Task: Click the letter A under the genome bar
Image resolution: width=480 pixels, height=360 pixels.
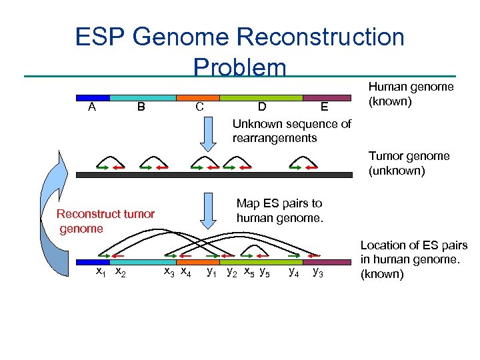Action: click(91, 107)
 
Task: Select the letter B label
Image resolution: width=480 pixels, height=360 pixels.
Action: click(141, 107)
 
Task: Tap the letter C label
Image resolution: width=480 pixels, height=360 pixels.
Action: click(199, 107)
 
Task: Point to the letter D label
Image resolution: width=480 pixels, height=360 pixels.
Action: click(263, 107)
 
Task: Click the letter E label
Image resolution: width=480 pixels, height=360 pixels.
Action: click(324, 107)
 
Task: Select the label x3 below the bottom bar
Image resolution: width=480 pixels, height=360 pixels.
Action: click(169, 272)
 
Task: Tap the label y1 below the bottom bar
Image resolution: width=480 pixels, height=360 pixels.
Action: click(212, 272)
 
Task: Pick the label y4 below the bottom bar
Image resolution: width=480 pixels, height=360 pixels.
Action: click(293, 272)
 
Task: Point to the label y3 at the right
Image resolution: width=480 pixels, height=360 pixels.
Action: click(319, 272)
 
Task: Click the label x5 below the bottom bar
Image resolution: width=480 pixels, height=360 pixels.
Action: click(248, 272)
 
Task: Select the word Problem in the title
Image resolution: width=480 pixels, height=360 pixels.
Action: click(239, 67)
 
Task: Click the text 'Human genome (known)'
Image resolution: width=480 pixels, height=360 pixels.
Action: click(410, 94)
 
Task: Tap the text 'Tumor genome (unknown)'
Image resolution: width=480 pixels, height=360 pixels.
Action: click(409, 163)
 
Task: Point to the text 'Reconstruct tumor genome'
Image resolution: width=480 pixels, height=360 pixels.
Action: click(105, 221)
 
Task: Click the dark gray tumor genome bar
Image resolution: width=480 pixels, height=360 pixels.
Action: click(214, 174)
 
